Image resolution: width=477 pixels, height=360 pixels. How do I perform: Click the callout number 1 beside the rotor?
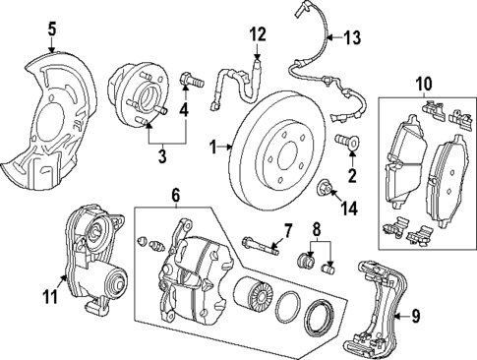pyautogui.click(x=213, y=148)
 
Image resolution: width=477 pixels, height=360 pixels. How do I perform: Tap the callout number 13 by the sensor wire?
pyautogui.click(x=351, y=38)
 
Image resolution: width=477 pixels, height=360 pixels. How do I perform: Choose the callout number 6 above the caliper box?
pyautogui.click(x=176, y=197)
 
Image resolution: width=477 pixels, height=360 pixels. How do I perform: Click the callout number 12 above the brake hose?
pyautogui.click(x=257, y=35)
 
